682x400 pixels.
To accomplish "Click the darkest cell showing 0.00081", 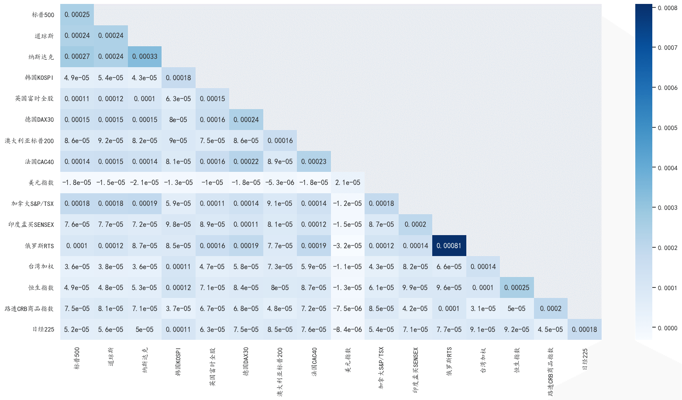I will click(x=449, y=246).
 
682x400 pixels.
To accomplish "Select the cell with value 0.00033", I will click(x=145, y=57).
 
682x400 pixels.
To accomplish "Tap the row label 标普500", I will click(x=43, y=15).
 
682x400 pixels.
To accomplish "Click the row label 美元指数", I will click(x=41, y=183).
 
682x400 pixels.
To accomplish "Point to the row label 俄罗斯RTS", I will click(x=39, y=246).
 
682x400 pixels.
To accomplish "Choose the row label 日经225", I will click(x=43, y=330).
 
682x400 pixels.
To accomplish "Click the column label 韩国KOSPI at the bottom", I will click(x=179, y=362).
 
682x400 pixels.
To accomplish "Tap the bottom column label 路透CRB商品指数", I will click(x=551, y=371).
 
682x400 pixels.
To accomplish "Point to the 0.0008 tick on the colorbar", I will click(x=668, y=8).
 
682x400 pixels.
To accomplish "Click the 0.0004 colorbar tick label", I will click(x=668, y=168).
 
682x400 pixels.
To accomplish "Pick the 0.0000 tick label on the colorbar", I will click(x=668, y=328).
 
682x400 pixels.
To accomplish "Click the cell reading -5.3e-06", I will click(x=280, y=183).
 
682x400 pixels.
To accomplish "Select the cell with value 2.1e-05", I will click(x=348, y=183).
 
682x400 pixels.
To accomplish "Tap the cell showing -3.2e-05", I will click(x=348, y=246).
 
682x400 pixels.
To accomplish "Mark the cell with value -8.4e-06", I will click(x=348, y=330).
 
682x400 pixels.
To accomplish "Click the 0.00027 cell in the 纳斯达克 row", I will click(x=77, y=57).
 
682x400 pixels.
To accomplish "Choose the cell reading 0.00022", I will click(x=246, y=162).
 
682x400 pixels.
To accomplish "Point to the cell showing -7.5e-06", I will click(x=348, y=309).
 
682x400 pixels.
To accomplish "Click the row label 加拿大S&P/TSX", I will click(x=33, y=204).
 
